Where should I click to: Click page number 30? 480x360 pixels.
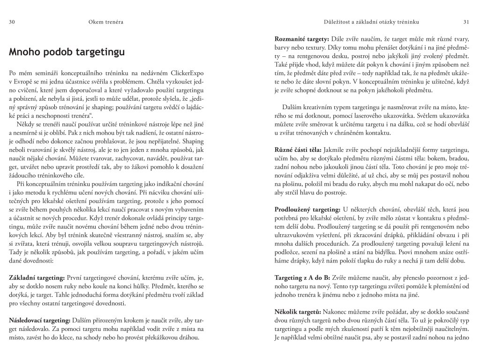point(12,22)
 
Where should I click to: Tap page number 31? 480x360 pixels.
point(466,22)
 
